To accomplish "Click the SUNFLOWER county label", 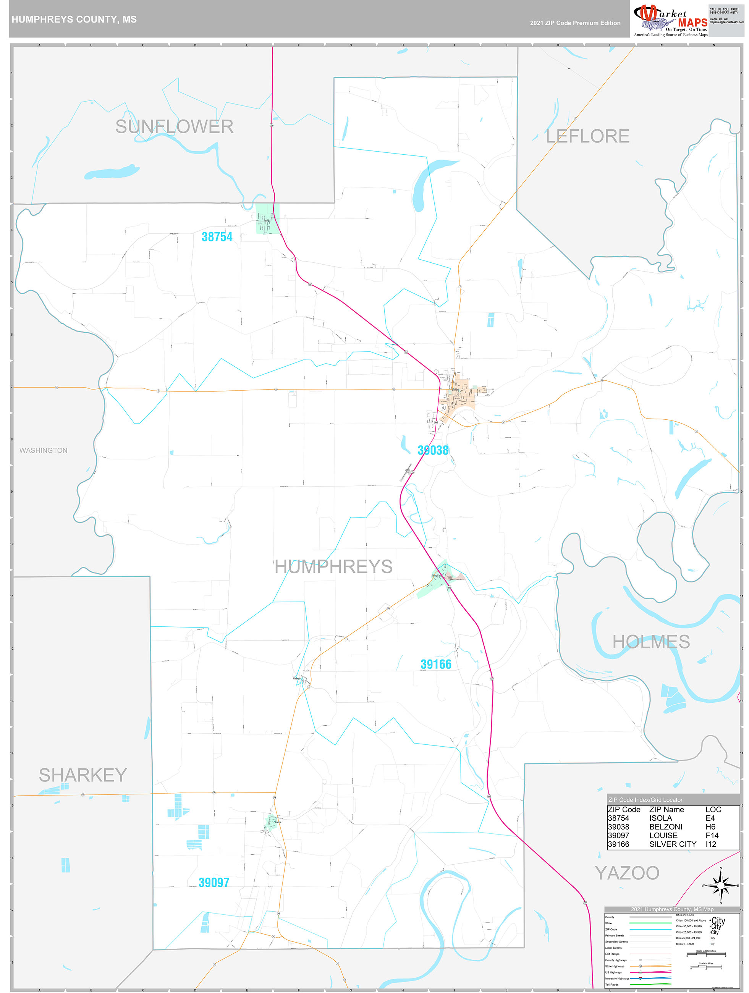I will pos(174,126).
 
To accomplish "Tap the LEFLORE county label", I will pos(587,136).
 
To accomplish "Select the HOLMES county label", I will pos(651,642).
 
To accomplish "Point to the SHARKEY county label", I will pos(83,775).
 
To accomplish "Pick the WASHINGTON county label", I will pos(44,450).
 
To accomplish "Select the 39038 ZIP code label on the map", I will pos(433,450).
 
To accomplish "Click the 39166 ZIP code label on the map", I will pos(435,665).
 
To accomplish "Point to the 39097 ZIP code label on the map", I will pos(214,883).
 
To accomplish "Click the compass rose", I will pos(721,886).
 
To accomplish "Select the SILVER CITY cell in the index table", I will pos(672,844).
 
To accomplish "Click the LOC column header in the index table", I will pos(713,809).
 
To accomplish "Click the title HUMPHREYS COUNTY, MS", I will pos(74,19).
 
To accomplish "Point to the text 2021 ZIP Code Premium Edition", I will pos(575,23).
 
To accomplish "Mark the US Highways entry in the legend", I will pos(614,972).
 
